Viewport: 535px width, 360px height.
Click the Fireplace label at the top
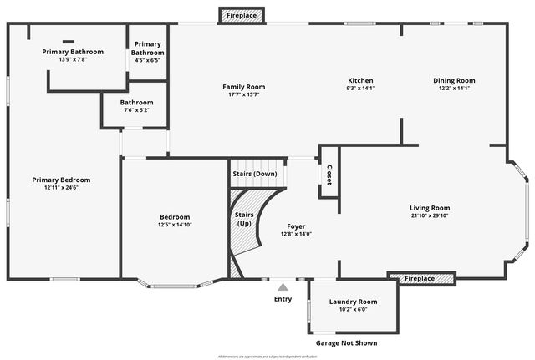coord(242,15)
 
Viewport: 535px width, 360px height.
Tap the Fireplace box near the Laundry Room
coord(421,278)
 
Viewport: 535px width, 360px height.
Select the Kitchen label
coord(359,81)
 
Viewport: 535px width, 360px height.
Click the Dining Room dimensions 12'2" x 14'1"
coord(454,89)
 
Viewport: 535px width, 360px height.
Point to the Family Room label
coord(243,87)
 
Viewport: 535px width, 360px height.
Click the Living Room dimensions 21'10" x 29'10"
coord(430,215)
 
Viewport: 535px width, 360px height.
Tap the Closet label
coord(329,175)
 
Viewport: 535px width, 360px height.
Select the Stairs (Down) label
coord(255,174)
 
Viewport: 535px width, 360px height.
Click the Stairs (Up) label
coord(243,219)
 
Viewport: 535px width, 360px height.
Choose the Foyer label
coord(296,226)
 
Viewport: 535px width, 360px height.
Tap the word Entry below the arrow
coord(283,298)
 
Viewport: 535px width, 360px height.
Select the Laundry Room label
coord(353,302)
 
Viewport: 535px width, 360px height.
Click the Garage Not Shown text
coord(346,342)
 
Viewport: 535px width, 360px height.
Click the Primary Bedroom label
coord(61,180)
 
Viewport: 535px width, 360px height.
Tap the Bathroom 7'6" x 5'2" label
coord(136,103)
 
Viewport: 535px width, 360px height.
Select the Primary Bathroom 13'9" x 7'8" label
coord(73,52)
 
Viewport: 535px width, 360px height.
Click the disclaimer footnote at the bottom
coord(267,356)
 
